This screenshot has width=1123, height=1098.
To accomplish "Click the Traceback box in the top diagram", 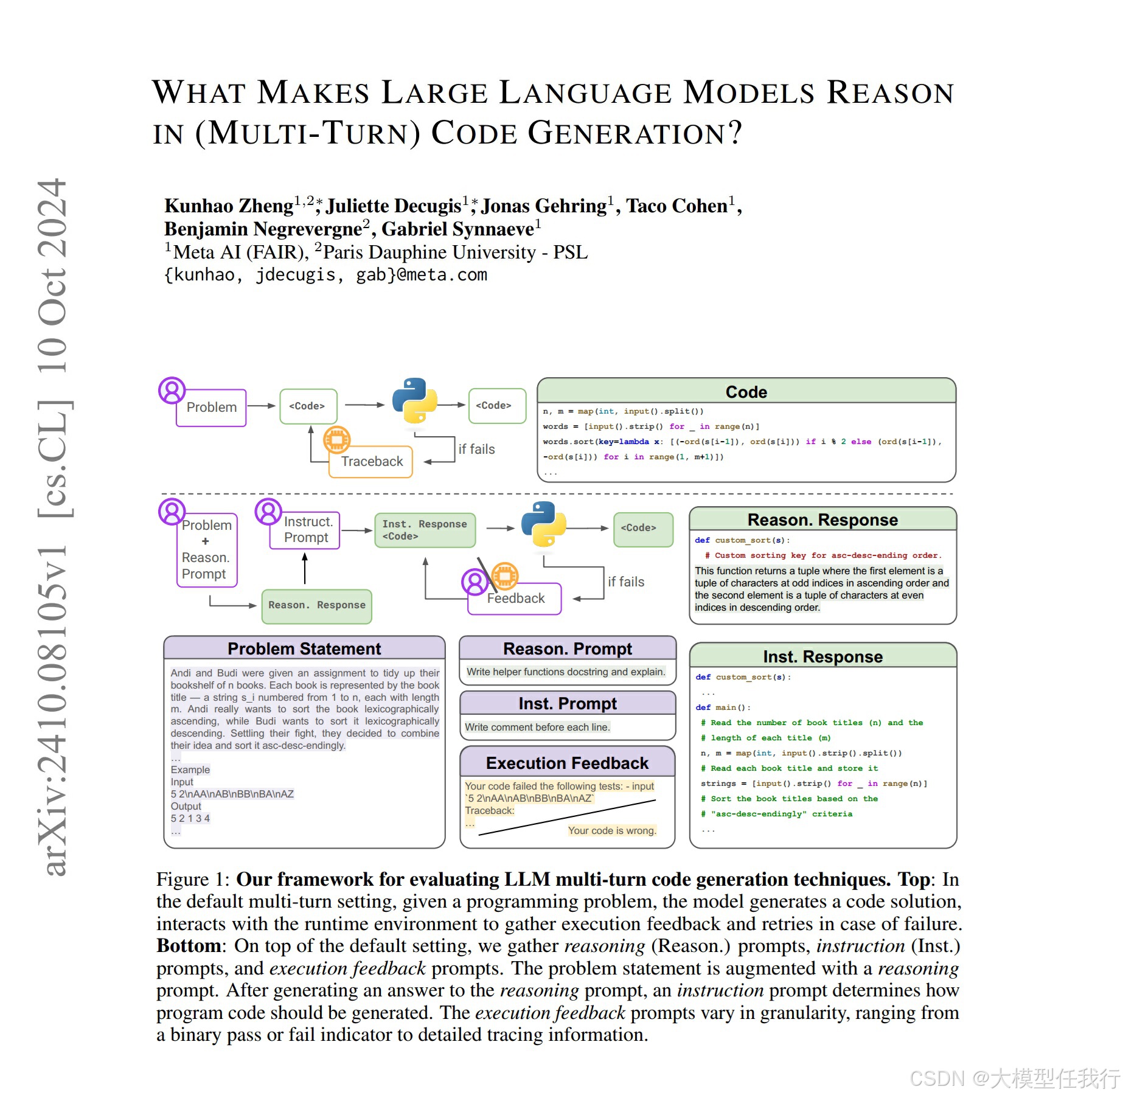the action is [x=371, y=462].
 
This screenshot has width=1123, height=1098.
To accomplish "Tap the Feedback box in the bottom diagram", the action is [x=516, y=599].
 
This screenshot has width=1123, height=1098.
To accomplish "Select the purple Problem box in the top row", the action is [x=211, y=408].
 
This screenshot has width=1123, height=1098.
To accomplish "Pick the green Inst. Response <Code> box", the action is [x=425, y=530].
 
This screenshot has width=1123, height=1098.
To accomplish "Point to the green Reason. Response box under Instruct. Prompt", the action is [x=316, y=606].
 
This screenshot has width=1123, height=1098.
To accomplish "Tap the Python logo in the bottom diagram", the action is [x=543, y=524].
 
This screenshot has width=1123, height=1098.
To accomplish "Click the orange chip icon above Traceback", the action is [x=337, y=439].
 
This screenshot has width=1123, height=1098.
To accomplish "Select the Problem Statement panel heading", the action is [x=304, y=649].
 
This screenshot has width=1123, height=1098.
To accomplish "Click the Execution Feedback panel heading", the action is [x=567, y=763].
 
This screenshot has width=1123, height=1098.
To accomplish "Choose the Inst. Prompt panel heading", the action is [x=567, y=704].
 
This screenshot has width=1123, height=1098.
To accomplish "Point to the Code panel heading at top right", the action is [x=746, y=392].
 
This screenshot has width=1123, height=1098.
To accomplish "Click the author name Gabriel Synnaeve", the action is [x=457, y=229].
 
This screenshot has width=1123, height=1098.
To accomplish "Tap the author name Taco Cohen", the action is [x=676, y=206].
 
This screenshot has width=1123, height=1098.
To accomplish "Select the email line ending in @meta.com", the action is [x=325, y=275].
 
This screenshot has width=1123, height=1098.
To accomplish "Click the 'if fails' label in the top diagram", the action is [x=476, y=450].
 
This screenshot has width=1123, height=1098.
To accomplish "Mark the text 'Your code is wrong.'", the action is [x=611, y=831].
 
